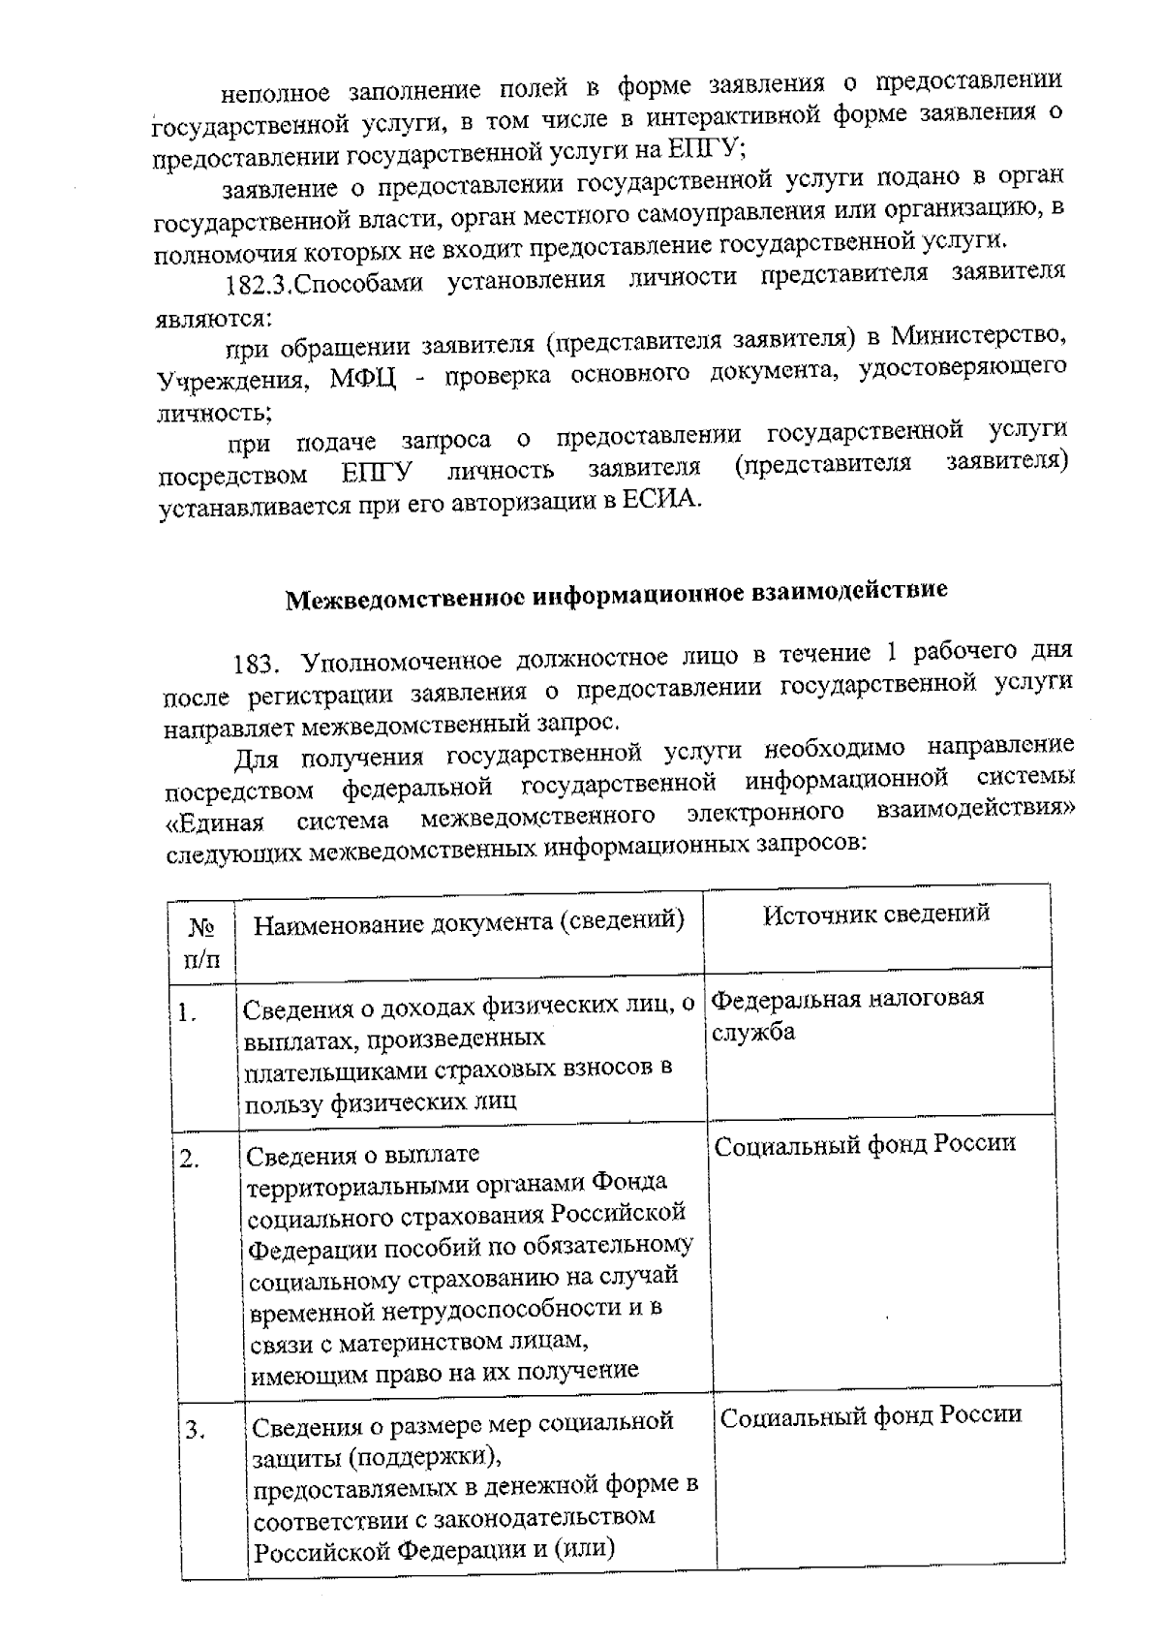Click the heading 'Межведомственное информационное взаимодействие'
(616, 593)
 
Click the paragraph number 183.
(257, 665)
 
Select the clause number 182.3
(258, 286)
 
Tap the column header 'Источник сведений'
(875, 914)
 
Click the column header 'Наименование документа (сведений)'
(469, 922)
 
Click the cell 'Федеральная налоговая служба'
(848, 1013)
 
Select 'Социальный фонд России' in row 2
(865, 1144)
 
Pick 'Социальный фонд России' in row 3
(871, 1414)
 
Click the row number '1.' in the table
(188, 1014)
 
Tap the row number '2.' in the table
(191, 1159)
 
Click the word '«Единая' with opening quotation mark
(214, 822)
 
